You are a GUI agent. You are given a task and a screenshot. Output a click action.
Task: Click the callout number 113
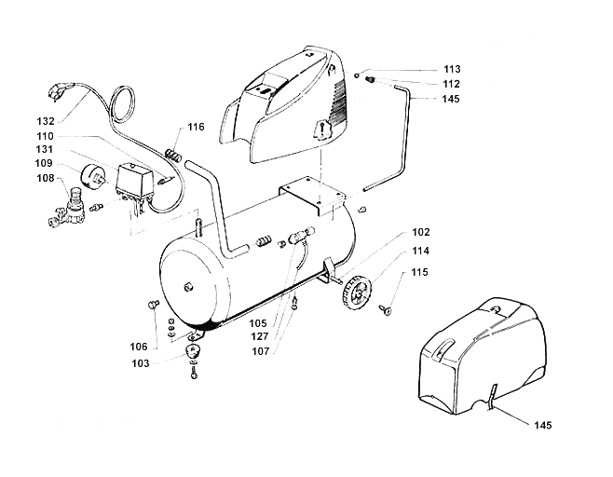[453, 69]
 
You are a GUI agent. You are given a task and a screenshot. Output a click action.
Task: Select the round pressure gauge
[93, 177]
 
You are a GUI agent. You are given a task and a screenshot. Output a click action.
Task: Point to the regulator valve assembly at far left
[69, 208]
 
